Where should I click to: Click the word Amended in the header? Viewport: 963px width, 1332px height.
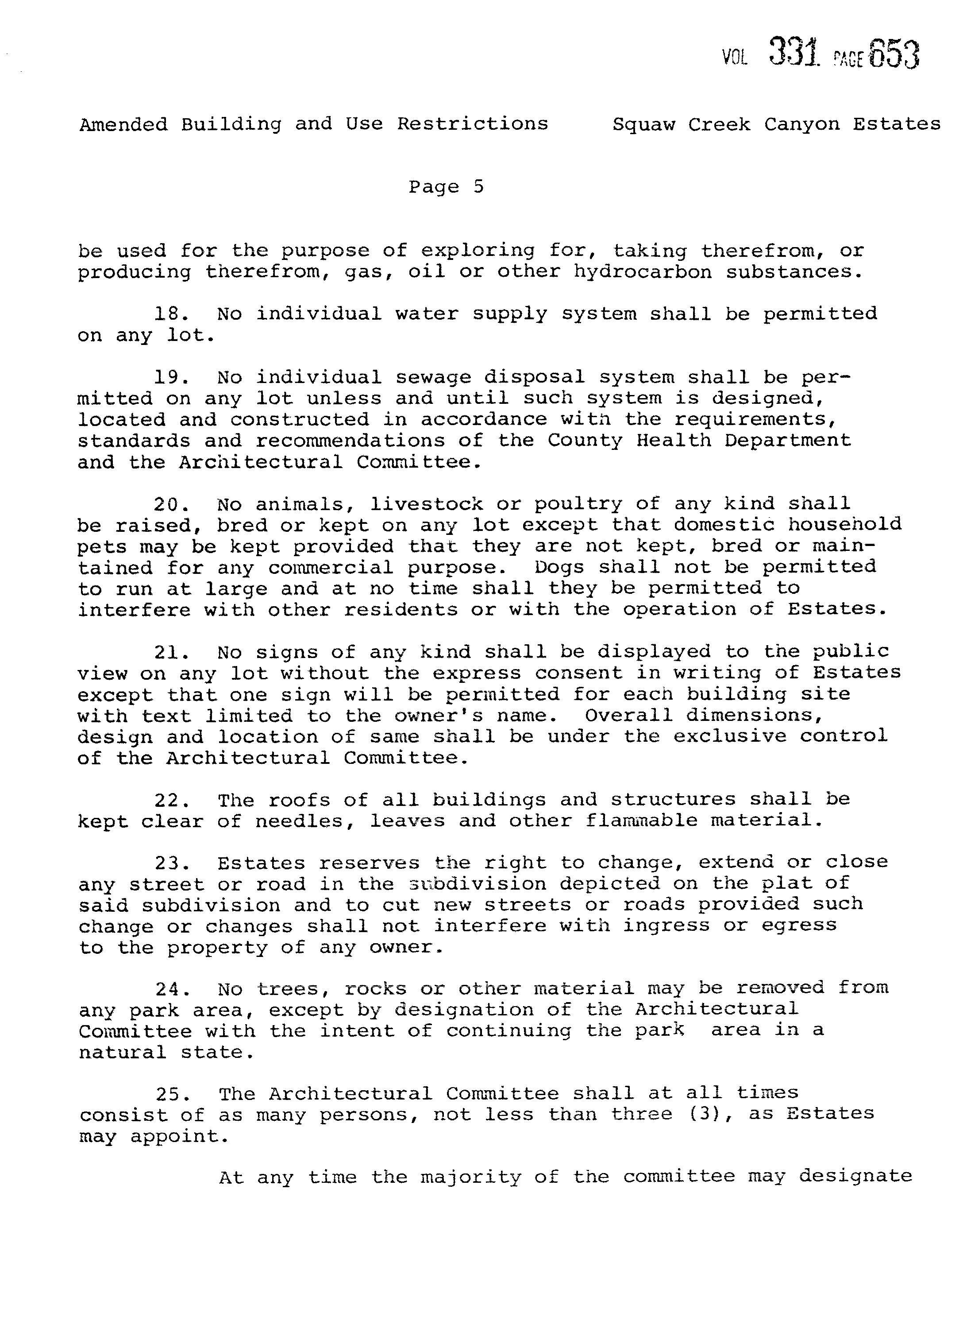point(123,124)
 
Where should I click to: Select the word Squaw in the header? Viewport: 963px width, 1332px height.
point(643,125)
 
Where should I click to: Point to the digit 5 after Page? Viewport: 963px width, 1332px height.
point(478,187)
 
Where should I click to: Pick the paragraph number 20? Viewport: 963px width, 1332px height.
point(171,504)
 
